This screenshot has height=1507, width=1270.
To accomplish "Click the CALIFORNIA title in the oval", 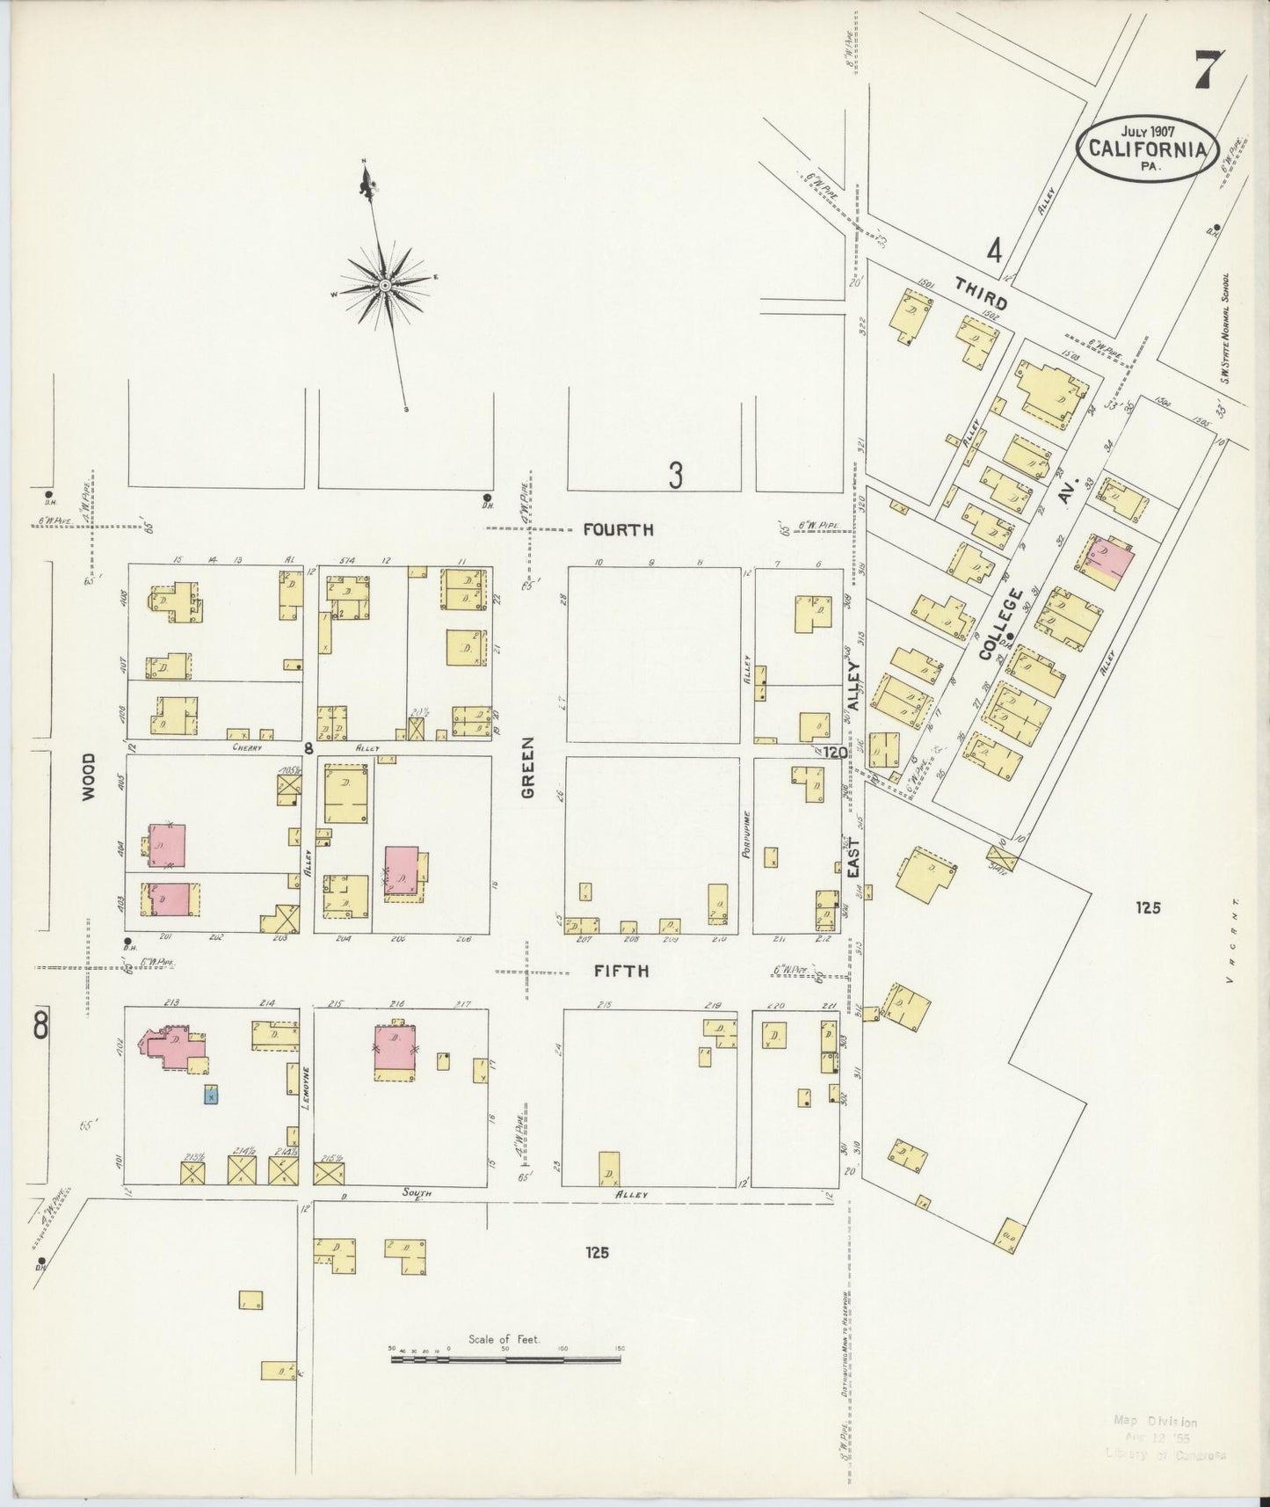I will click(x=1146, y=148).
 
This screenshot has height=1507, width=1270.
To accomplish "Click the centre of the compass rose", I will click(x=386, y=285).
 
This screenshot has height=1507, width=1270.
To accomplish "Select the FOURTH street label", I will click(x=619, y=529).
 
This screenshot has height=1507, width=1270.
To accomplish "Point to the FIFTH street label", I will click(x=621, y=971).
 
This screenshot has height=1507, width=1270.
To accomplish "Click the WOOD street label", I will click(x=89, y=776).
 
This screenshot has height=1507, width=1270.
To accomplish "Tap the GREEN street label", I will click(x=528, y=778).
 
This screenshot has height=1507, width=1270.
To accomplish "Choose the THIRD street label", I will click(x=980, y=289).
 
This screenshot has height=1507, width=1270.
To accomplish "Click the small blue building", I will click(x=211, y=1095).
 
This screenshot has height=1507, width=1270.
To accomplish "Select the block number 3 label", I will click(x=675, y=476).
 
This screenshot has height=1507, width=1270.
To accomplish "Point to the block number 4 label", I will click(x=994, y=251).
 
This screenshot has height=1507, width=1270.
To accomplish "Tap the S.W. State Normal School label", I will click(x=1224, y=327).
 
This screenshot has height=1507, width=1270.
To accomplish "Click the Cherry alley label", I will click(x=249, y=747).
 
